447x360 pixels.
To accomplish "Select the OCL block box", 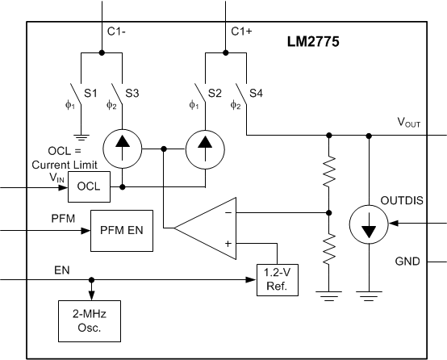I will [88, 186].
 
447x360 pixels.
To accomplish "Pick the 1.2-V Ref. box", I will [278, 279].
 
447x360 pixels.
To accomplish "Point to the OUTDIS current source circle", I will [369, 224].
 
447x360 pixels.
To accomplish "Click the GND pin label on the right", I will [407, 262].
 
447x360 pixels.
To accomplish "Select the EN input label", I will [61, 270].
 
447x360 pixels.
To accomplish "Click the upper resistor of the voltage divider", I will [329, 170].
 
